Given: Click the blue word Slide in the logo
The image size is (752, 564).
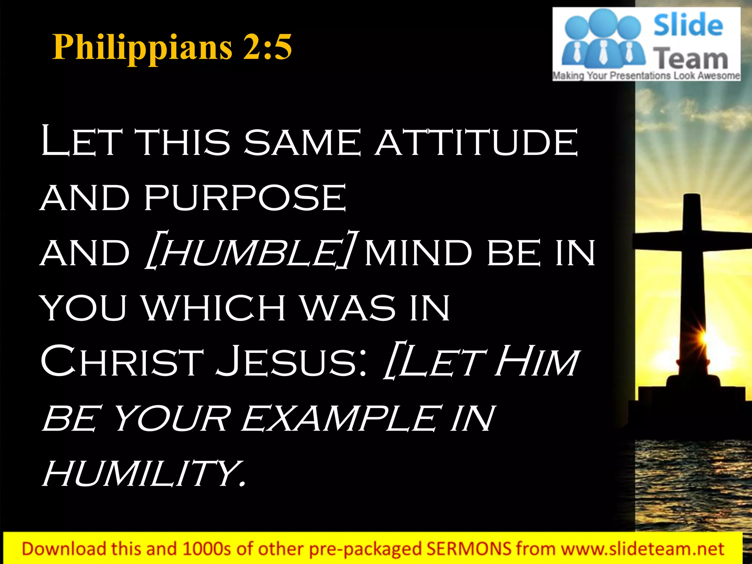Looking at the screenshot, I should [688, 25].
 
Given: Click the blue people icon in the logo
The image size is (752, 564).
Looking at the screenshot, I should [602, 40].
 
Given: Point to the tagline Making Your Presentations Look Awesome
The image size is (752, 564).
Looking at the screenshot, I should [646, 76].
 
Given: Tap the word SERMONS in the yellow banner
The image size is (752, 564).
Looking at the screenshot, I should [468, 549].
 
